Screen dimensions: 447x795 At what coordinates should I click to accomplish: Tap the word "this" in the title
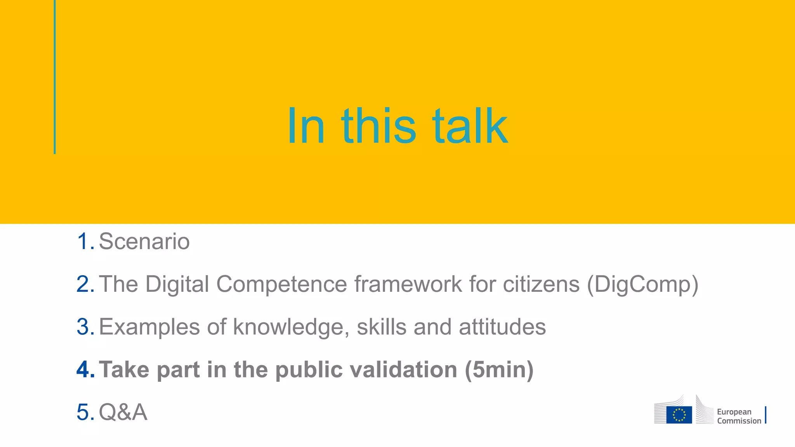pyautogui.click(x=378, y=126)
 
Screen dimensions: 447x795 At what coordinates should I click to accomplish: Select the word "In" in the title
pyautogui.click(x=306, y=126)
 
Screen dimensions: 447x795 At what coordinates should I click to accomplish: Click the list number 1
pyautogui.click(x=85, y=241)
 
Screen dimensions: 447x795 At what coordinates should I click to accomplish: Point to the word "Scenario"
pyautogui.click(x=144, y=241)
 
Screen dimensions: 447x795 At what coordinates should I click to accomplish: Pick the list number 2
pyautogui.click(x=85, y=284)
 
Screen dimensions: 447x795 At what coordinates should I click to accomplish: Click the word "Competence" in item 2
pyautogui.click(x=281, y=284)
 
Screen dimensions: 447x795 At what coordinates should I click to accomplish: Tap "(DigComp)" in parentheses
pyautogui.click(x=642, y=285)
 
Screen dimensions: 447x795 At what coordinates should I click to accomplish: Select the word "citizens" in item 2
pyautogui.click(x=541, y=284)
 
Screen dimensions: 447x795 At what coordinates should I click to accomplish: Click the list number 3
pyautogui.click(x=85, y=327)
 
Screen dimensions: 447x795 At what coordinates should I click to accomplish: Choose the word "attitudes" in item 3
pyautogui.click(x=502, y=327)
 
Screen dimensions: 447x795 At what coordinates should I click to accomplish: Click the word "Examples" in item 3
pyautogui.click(x=149, y=327)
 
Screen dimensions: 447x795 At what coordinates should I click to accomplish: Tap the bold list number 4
pyautogui.click(x=85, y=369)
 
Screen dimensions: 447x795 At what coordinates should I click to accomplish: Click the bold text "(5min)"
pyautogui.click(x=499, y=370)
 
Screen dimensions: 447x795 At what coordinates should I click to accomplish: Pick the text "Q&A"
pyautogui.click(x=123, y=412)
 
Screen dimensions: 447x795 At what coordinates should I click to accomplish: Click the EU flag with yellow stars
pyautogui.click(x=679, y=414)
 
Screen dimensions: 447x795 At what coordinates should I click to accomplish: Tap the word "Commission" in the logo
pyautogui.click(x=739, y=421)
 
